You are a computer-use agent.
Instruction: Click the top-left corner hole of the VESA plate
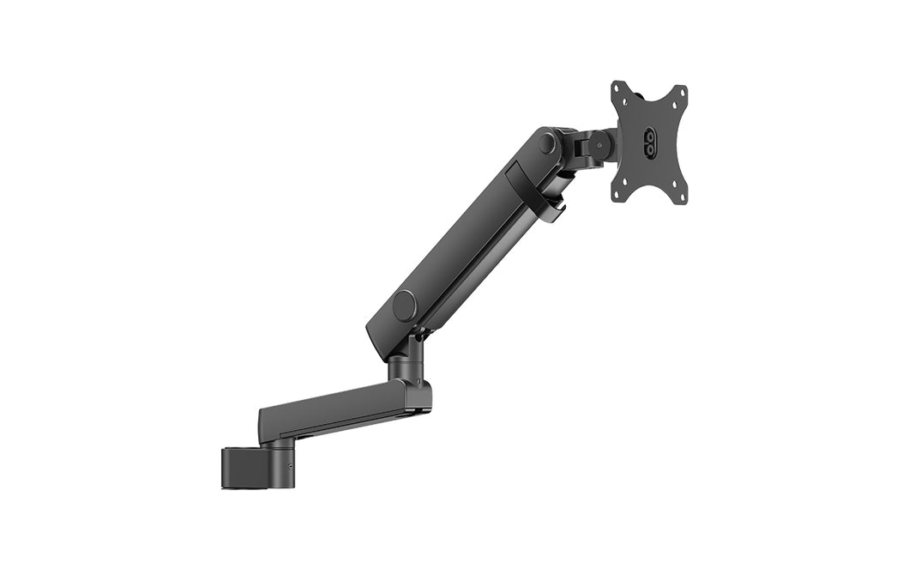pyautogui.click(x=617, y=89)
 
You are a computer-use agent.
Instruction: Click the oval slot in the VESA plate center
pyautogui.click(x=649, y=142)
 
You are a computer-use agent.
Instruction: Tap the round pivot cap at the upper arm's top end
pyautogui.click(x=546, y=143)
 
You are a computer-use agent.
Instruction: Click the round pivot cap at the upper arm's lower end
pyautogui.click(x=403, y=305)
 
